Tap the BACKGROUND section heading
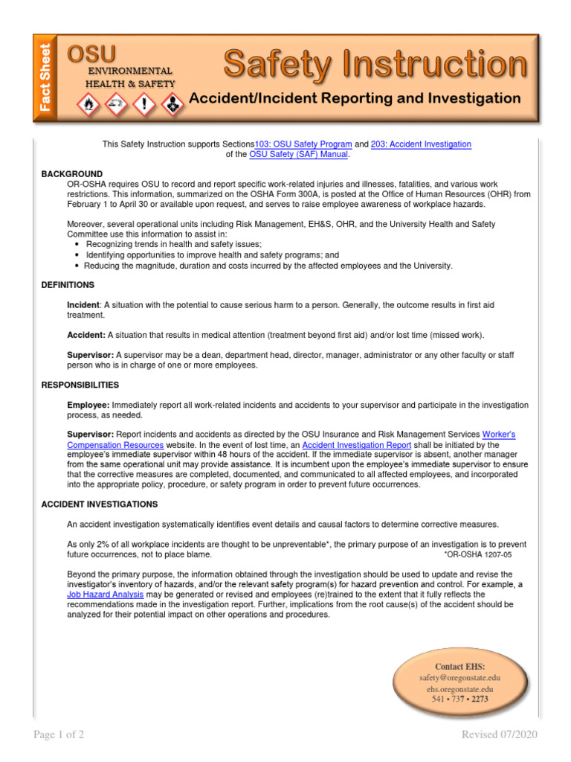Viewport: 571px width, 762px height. [72, 173]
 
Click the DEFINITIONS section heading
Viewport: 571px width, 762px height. [68, 284]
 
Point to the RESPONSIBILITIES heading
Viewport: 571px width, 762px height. [80, 385]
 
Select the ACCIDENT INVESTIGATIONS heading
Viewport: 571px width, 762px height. [99, 504]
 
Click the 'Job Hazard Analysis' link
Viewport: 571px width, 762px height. [105, 595]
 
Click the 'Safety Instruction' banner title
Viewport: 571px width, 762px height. [375, 65]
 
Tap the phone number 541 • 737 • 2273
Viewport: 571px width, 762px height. [460, 699]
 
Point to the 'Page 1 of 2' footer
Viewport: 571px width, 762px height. [59, 734]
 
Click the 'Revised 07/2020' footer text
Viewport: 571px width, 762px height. [499, 734]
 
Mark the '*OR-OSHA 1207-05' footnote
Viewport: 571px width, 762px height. [477, 554]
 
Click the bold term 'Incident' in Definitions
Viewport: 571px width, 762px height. [83, 305]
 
